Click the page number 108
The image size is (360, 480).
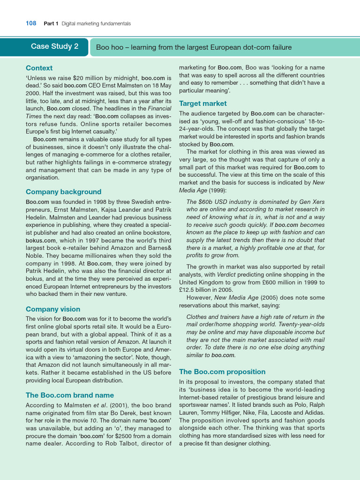(30, 23)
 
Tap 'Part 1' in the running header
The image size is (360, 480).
(51, 23)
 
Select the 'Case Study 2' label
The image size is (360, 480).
(54, 46)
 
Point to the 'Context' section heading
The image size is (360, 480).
(39, 68)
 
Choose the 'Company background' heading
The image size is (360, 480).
(63, 192)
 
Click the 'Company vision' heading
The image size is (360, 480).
(53, 309)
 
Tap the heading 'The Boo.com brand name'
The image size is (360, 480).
(70, 395)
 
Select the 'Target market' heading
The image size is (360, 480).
(202, 104)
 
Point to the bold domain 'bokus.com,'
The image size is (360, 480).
(41, 241)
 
